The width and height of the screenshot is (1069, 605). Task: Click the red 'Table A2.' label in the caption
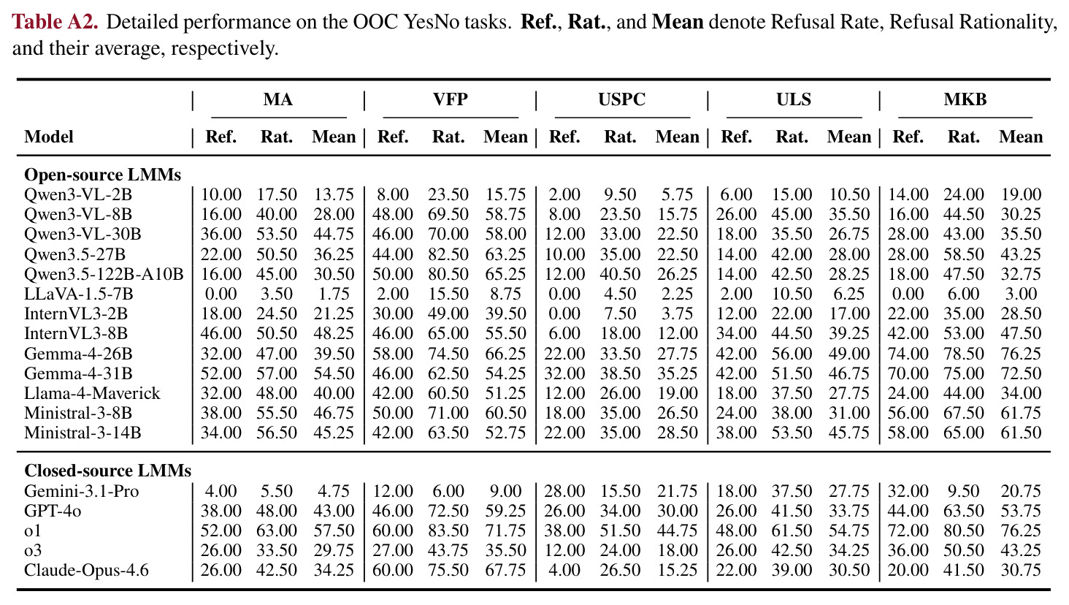[55, 22]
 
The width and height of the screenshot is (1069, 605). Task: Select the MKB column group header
[965, 99]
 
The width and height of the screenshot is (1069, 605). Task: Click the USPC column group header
[622, 99]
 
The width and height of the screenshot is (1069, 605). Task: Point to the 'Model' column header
[49, 137]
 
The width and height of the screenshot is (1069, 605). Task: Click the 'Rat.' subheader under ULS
[792, 137]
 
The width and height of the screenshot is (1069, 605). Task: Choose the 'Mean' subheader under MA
[334, 137]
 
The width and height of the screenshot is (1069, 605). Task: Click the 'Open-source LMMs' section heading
[103, 175]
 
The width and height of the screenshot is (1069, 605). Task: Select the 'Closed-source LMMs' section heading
[108, 471]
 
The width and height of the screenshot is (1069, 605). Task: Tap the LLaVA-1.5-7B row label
[79, 294]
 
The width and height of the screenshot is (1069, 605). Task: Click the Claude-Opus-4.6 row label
[86, 570]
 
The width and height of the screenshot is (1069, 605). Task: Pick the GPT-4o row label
[53, 511]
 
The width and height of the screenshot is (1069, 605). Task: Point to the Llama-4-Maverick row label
[92, 393]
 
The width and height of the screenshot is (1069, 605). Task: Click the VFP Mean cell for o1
[505, 530]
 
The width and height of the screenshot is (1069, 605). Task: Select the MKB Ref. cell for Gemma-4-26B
[908, 354]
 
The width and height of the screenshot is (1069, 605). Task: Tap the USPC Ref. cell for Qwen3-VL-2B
[564, 194]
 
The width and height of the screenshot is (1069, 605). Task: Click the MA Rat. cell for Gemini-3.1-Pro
[276, 491]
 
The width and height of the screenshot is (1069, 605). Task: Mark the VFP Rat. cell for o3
[448, 550]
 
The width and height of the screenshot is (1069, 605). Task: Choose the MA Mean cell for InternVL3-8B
[334, 333]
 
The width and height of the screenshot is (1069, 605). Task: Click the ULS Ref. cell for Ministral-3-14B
[736, 433]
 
